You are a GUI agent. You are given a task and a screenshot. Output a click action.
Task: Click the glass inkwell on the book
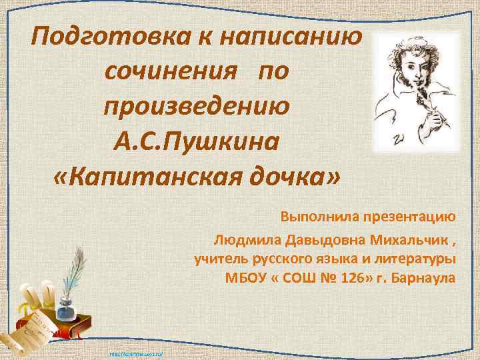click(x=65, y=308)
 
